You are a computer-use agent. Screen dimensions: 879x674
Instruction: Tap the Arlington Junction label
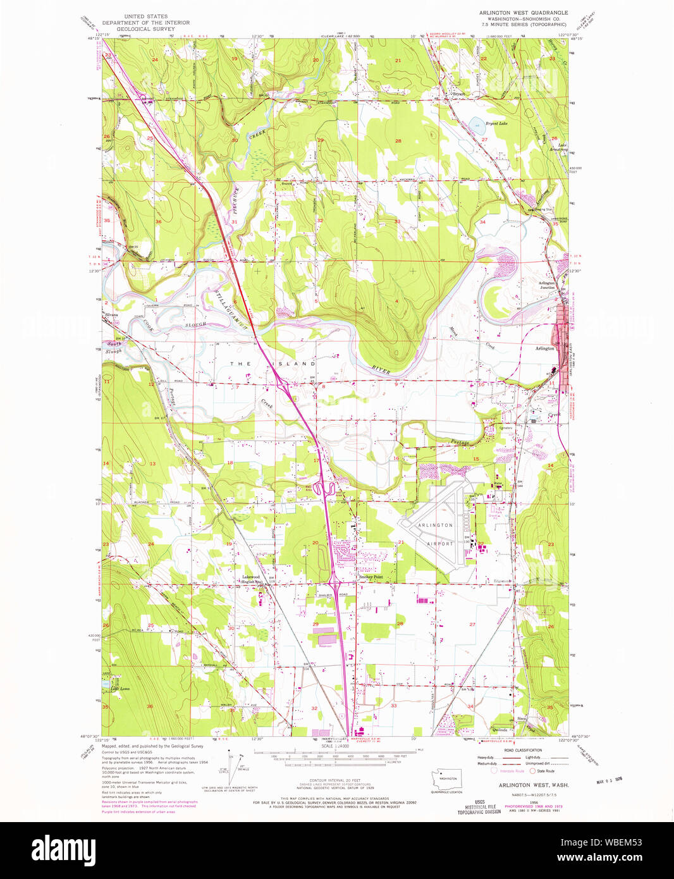546,285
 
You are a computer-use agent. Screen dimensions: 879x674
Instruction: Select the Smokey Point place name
371,577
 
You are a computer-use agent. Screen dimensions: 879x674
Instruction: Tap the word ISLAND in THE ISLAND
300,364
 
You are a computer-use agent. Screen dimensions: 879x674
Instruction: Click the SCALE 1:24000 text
336,746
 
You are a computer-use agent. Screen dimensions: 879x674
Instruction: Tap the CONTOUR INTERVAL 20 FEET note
336,780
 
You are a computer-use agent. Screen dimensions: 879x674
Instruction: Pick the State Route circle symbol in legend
532,771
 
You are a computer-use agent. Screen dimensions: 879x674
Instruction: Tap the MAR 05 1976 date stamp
609,780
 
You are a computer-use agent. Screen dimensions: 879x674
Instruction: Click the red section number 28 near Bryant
398,140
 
